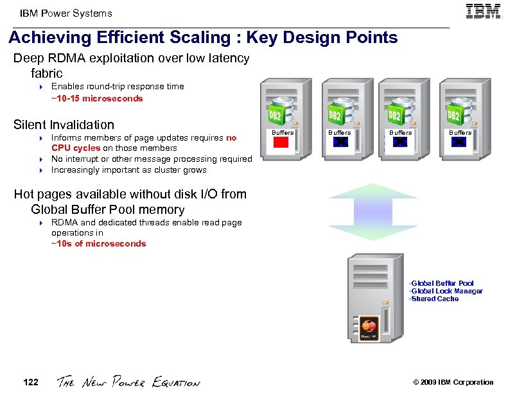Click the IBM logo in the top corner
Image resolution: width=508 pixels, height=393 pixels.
(483, 12)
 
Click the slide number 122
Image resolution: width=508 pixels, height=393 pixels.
(30, 382)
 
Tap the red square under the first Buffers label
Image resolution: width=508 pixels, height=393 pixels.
(283, 143)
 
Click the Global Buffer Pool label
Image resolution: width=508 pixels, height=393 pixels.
(442, 283)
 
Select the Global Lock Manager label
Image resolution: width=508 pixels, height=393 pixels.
(447, 291)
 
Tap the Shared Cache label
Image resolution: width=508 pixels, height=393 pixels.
(435, 299)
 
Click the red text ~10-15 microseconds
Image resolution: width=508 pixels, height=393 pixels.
(97, 99)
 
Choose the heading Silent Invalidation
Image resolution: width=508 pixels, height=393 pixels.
(64, 125)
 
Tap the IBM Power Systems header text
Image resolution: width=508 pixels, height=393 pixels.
(66, 13)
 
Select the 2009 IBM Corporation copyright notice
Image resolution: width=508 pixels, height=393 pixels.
(453, 382)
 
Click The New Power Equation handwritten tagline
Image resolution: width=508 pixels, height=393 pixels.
(128, 382)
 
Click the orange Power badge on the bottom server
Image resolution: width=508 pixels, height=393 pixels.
(369, 325)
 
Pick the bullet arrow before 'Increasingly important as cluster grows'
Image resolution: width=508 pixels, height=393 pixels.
(40, 171)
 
